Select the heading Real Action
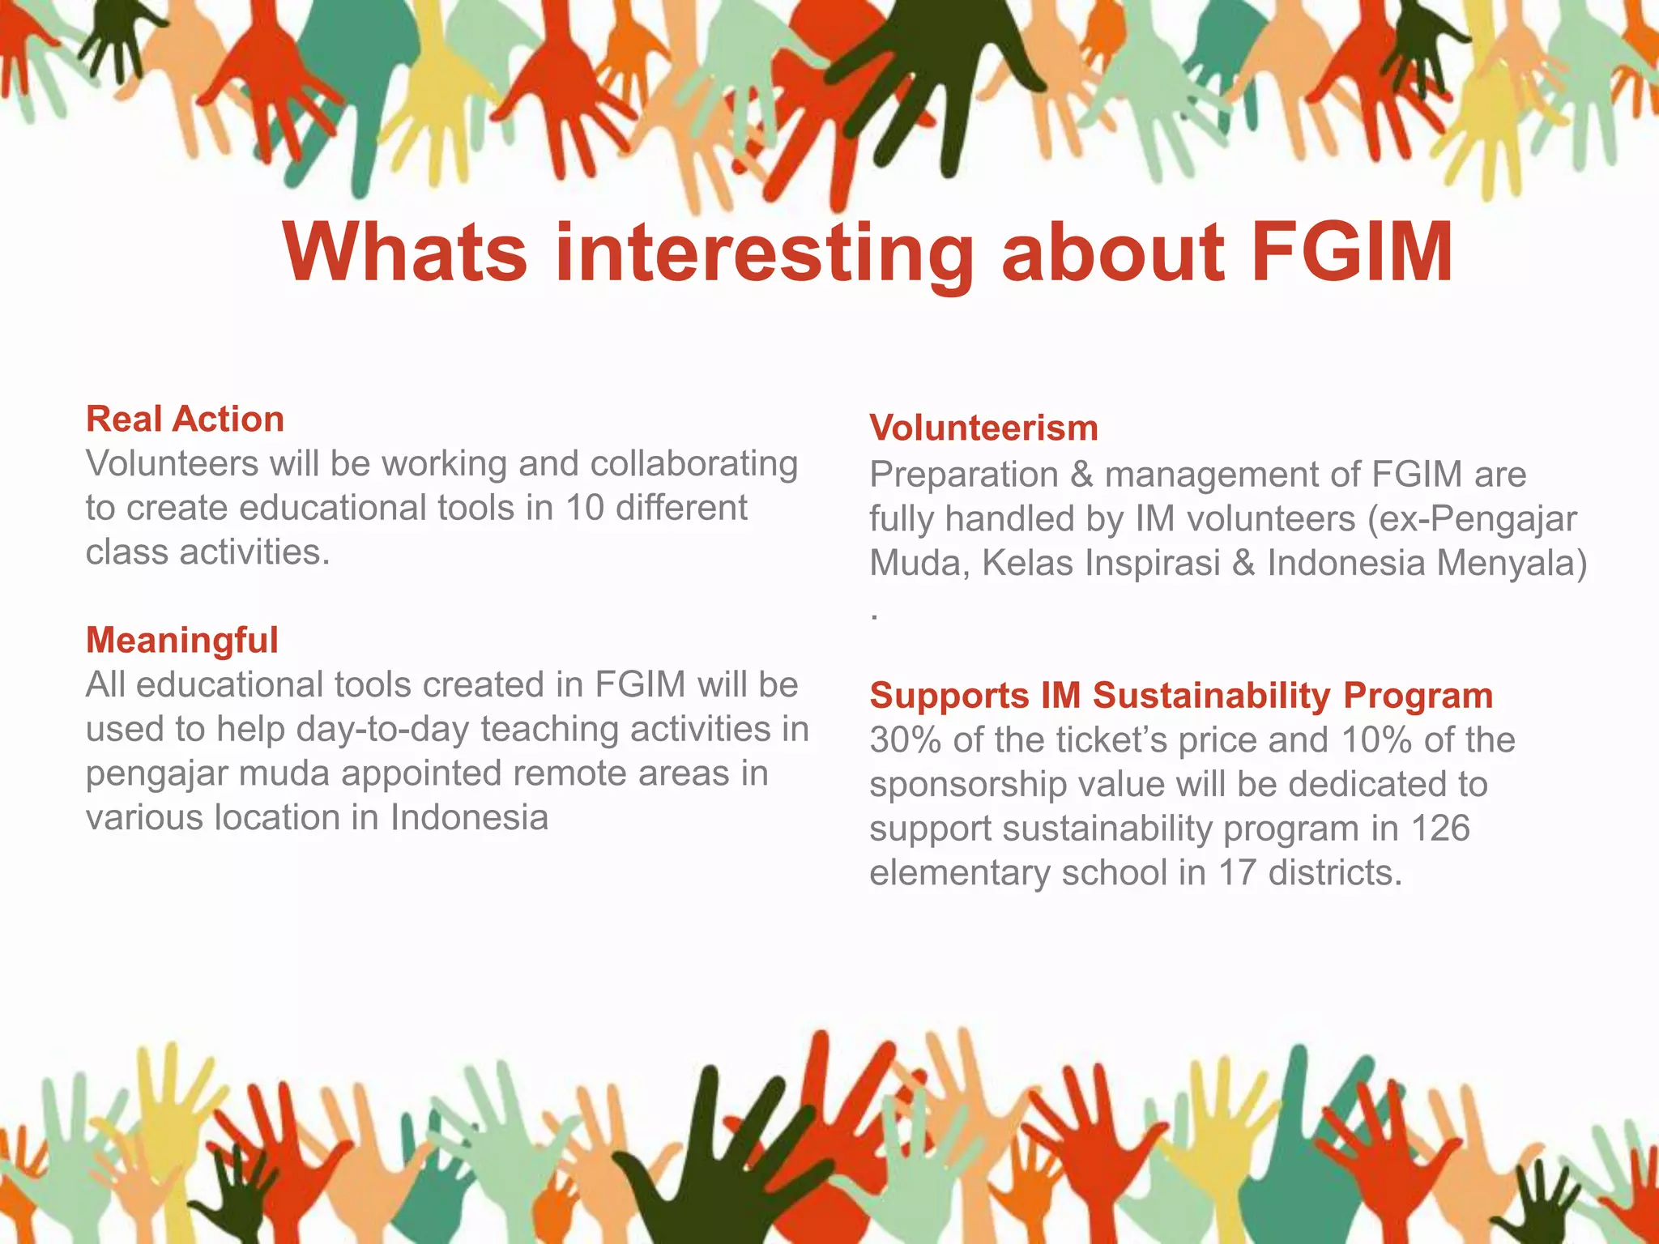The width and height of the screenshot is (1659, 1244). tap(185, 420)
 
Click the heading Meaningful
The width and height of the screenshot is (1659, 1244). tap(182, 640)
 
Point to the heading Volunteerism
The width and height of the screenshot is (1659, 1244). tap(983, 428)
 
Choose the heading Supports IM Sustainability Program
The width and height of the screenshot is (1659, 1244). tap(1181, 696)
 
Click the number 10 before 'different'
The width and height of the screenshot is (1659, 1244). tap(584, 508)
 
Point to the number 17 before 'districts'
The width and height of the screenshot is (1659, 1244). tap(1237, 873)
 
